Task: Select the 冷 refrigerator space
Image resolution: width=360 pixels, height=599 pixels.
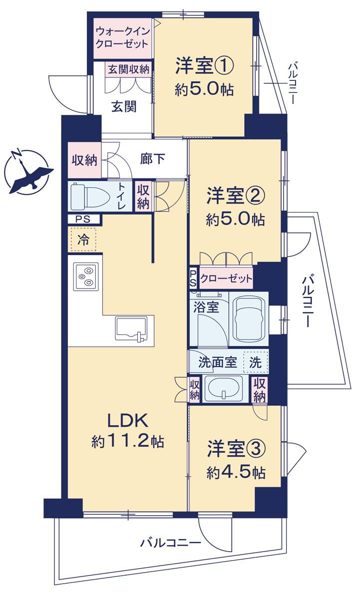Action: tap(83, 240)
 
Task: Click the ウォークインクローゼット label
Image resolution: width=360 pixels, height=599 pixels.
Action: tap(122, 38)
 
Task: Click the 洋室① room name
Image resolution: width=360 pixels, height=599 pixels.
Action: tap(205, 66)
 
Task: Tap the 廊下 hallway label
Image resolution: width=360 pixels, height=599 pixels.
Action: tap(152, 159)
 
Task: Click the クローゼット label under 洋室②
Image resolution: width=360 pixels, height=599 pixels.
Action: tap(226, 279)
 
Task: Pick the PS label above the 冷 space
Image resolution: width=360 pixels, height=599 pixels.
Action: tap(83, 219)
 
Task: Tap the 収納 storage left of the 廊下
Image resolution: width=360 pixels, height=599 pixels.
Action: tap(84, 160)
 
